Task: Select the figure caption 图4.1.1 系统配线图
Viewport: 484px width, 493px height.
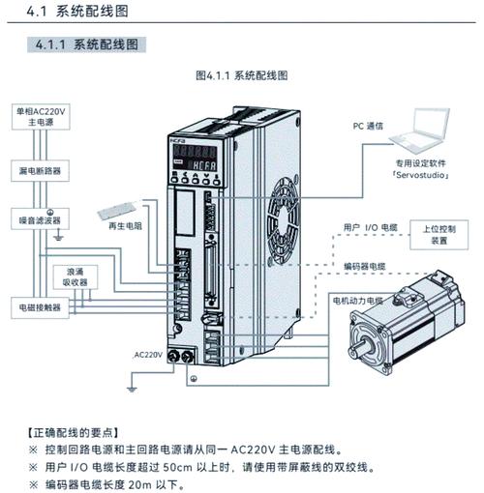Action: [x=242, y=75]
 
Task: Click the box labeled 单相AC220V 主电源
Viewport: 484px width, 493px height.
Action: [x=39, y=117]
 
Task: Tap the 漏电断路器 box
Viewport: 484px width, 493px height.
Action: [x=39, y=169]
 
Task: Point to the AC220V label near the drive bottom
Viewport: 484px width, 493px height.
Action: [x=148, y=354]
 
